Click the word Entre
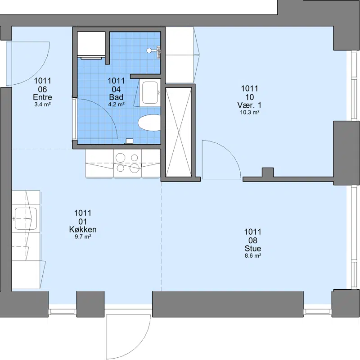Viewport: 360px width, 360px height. coord(42,97)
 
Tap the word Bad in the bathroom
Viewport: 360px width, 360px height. coord(116,97)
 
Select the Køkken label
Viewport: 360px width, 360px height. coord(83,229)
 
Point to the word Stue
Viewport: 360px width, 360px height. coord(253,248)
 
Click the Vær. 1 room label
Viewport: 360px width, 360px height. coord(249,105)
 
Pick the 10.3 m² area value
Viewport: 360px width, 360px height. coord(250,112)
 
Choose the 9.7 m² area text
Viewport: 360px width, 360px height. coord(83,237)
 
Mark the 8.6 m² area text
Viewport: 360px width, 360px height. coord(253,255)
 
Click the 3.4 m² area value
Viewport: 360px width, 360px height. coord(42,105)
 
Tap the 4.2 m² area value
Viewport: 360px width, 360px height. coord(116,105)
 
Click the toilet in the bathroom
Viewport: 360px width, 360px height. coord(149,123)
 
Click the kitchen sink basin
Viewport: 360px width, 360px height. coord(26,219)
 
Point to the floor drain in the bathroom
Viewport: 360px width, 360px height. coord(130,141)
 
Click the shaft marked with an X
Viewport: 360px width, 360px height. coord(179,132)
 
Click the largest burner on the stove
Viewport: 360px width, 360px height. coord(134,168)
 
